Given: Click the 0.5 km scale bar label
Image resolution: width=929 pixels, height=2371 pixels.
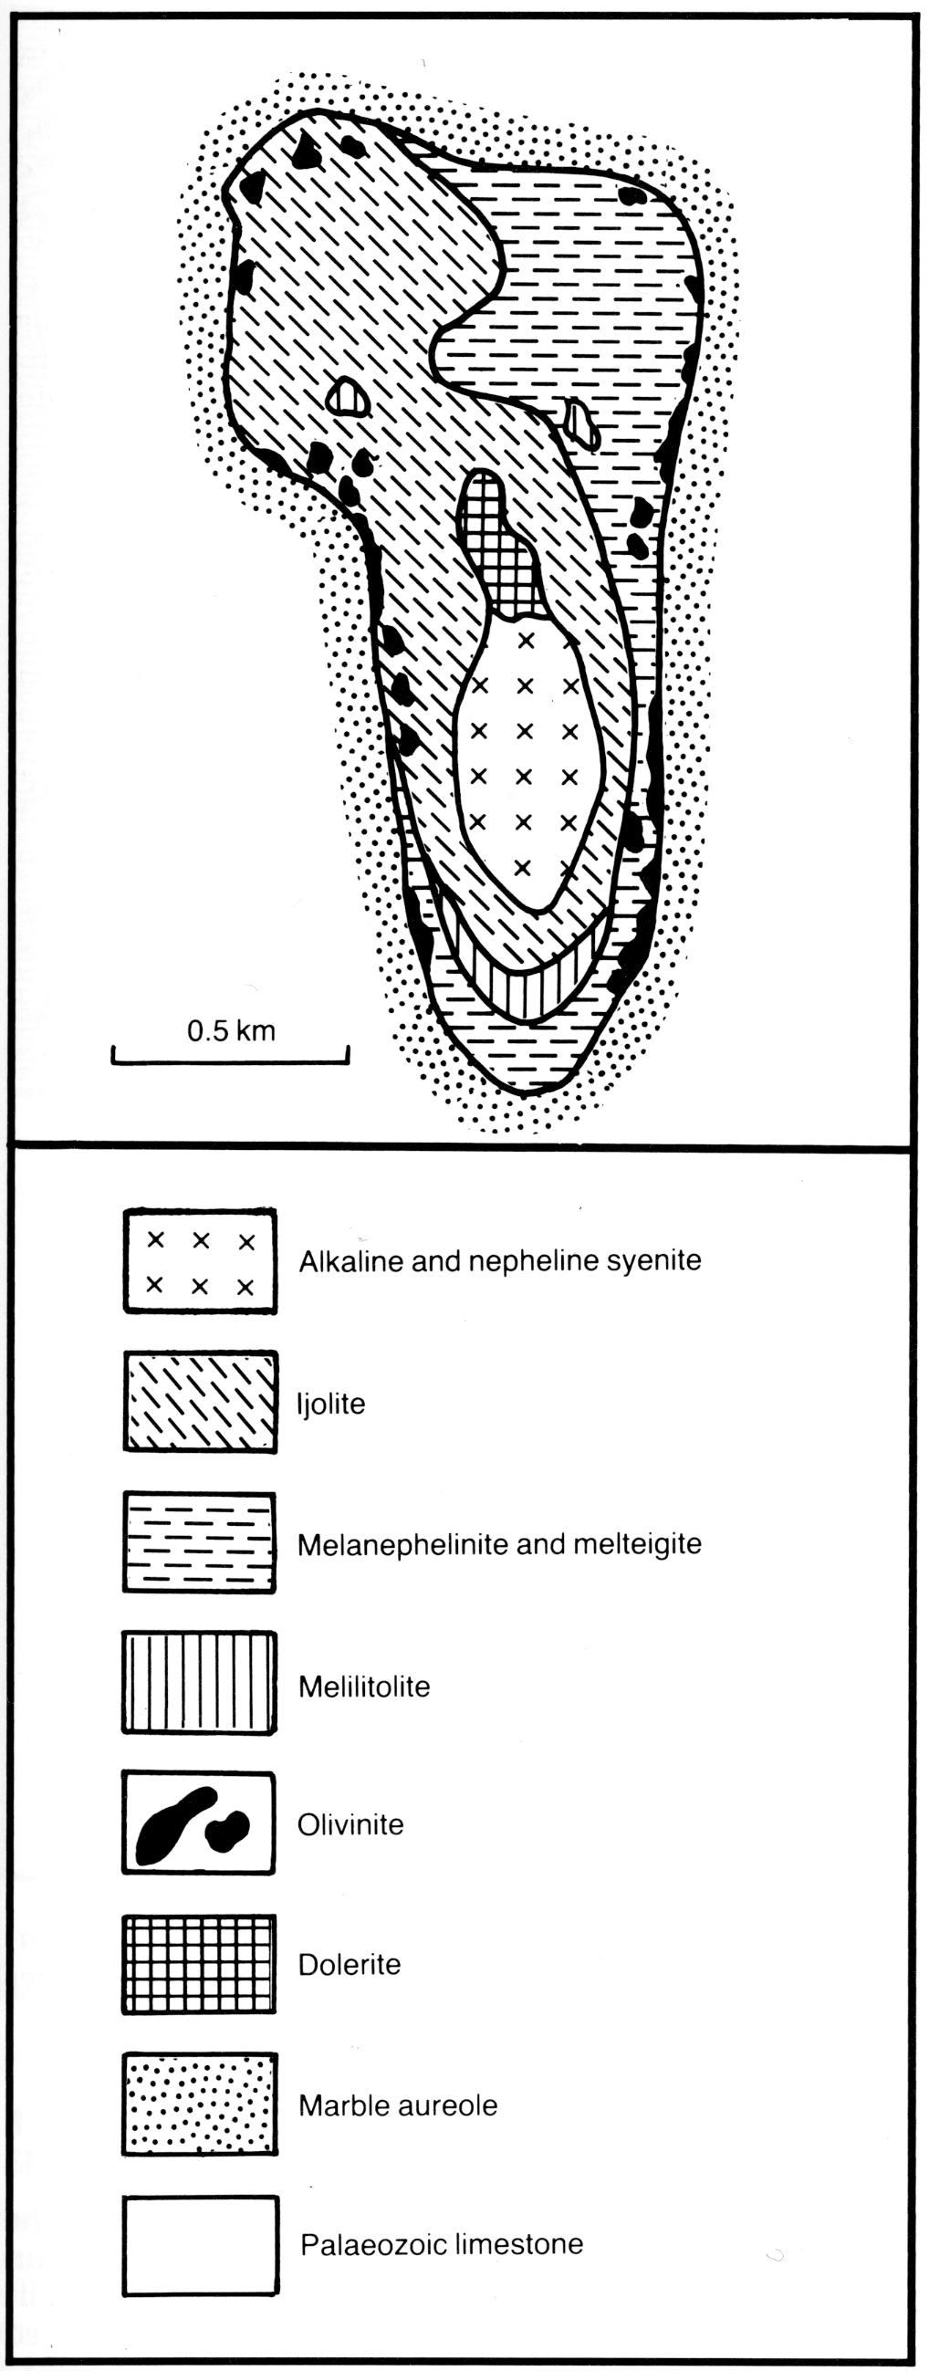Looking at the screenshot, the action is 231,1030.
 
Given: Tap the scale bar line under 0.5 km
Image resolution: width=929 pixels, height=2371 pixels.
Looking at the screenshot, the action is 230,1062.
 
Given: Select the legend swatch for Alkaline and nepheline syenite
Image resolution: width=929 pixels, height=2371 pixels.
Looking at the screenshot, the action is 200,1261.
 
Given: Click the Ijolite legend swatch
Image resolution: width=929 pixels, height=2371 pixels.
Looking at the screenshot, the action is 200,1402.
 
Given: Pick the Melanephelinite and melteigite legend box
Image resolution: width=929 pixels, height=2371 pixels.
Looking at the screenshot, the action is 200,1542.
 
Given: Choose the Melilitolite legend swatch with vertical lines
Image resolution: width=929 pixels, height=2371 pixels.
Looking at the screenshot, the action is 200,1683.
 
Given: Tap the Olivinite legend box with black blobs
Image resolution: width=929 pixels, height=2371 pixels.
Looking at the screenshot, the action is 199,1823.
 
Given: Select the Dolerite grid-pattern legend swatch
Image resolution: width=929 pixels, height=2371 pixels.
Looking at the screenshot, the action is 200,1964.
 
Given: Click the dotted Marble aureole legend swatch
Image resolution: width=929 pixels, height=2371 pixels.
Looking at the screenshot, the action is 200,2105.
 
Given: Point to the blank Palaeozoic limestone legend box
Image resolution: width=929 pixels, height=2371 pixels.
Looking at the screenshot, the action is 201,2245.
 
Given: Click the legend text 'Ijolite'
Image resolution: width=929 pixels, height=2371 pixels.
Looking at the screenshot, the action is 330,1404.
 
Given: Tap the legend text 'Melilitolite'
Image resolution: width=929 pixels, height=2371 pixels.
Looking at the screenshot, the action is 365,1687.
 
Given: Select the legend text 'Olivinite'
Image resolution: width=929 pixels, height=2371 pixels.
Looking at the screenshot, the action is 350,1824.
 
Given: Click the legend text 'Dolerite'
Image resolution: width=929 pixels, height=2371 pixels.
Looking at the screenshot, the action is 350,1964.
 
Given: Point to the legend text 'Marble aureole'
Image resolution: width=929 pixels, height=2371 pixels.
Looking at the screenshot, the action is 398,2105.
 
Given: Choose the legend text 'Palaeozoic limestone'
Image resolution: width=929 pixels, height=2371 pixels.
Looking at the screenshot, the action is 442,2244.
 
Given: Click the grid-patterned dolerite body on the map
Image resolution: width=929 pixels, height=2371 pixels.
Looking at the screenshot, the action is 498,548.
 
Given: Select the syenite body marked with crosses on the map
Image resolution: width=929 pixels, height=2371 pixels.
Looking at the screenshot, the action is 527,764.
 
